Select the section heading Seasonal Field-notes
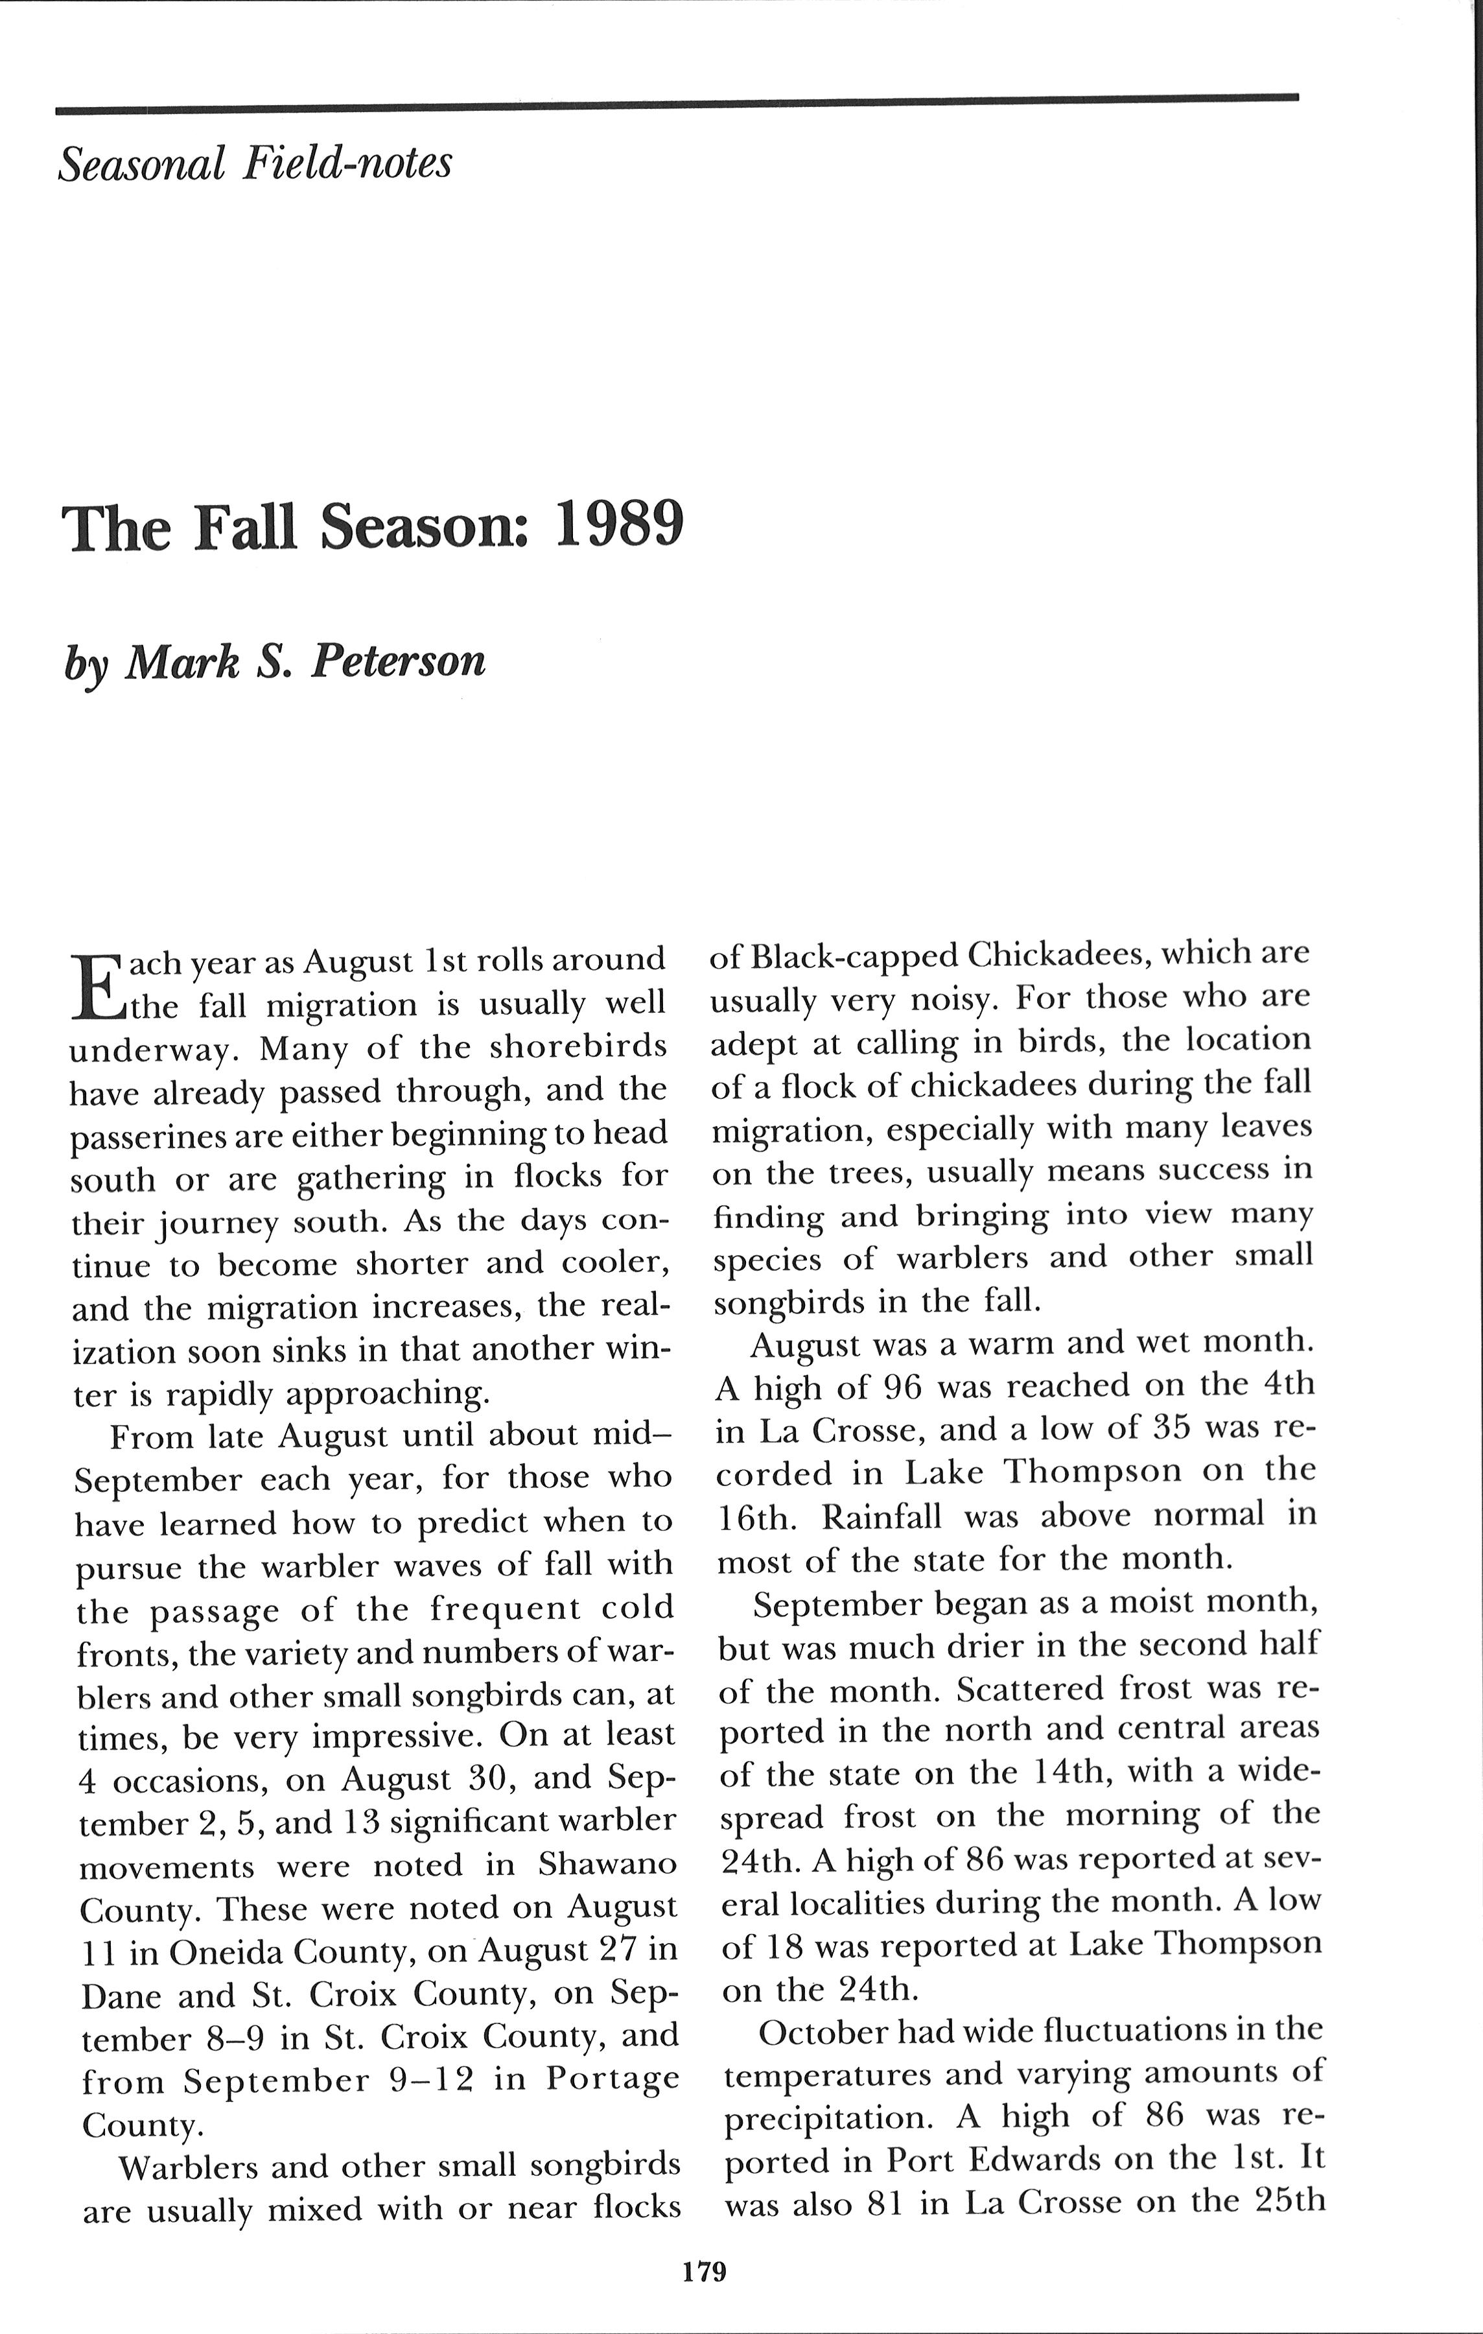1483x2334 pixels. coord(255,163)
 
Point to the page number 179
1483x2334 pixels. coord(704,2271)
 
